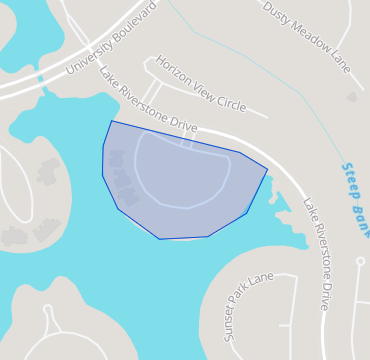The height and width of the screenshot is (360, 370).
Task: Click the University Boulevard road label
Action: click(111, 41)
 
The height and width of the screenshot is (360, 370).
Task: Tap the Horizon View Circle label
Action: click(200, 83)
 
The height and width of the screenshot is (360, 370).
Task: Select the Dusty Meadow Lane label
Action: click(307, 37)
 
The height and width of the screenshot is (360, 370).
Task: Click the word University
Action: click(88, 56)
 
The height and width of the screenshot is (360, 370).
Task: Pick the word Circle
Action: click(231, 101)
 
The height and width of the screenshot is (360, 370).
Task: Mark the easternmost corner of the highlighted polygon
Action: click(267, 169)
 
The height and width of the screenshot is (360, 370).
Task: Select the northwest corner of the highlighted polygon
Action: click(111, 121)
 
